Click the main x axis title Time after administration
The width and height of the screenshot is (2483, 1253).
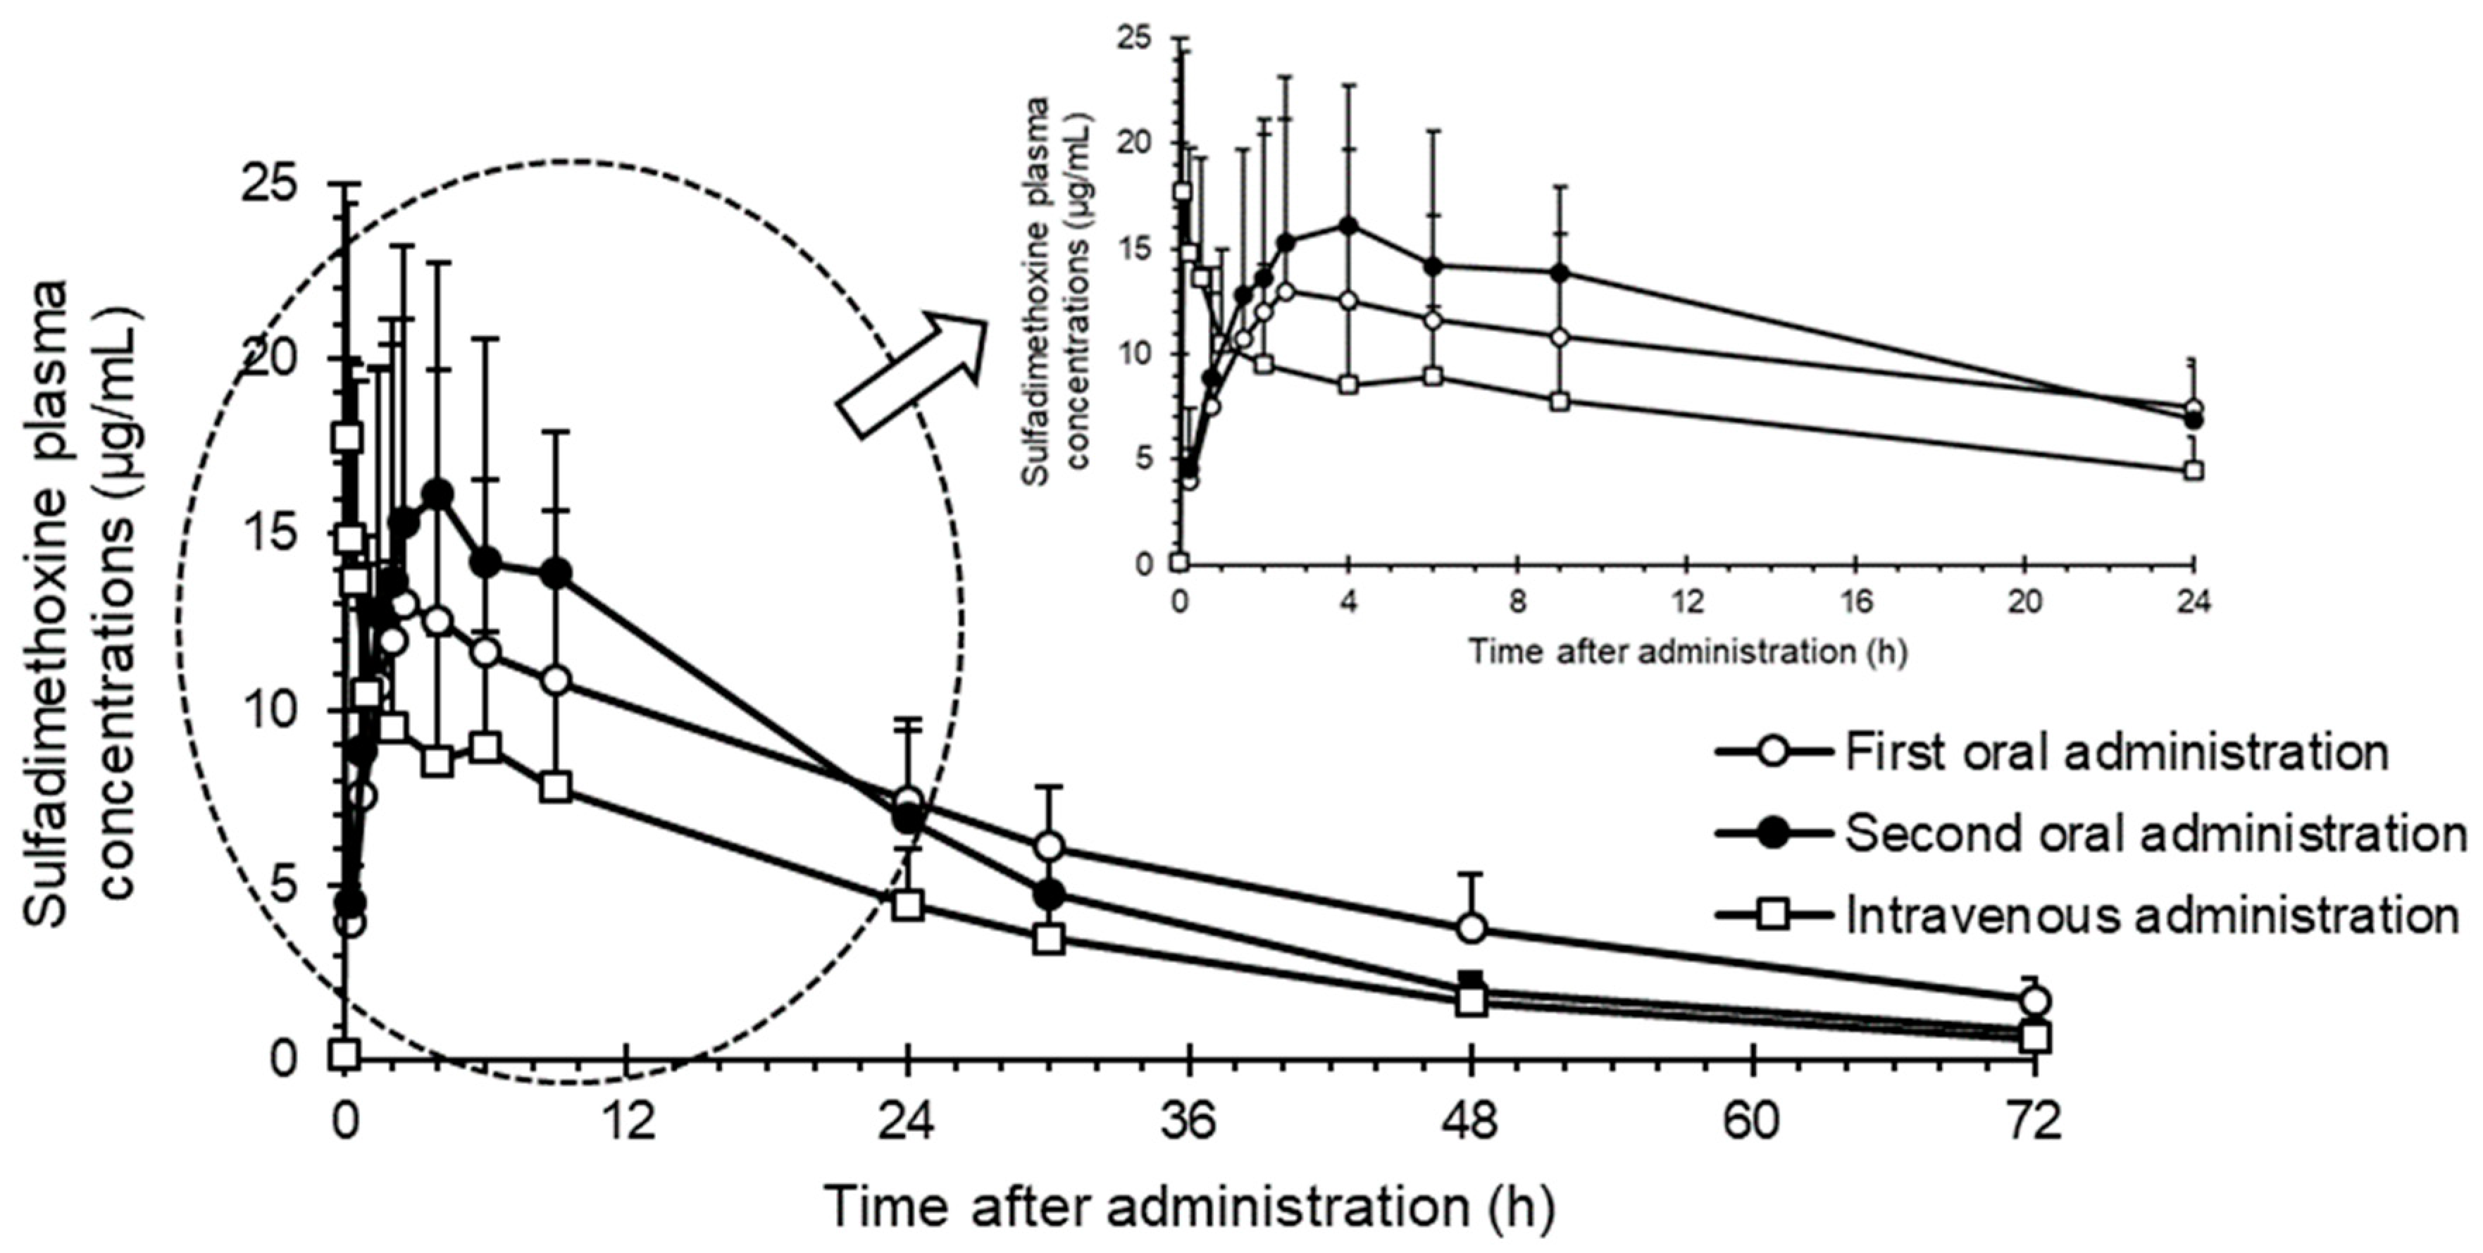[1190, 1207]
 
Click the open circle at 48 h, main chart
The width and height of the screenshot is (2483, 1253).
[1472, 929]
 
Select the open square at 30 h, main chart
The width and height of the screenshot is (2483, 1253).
[1049, 939]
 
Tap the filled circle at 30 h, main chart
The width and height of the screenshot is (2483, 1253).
[1049, 894]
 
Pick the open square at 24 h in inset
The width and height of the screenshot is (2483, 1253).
[2193, 471]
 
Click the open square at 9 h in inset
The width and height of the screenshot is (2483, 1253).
[1560, 401]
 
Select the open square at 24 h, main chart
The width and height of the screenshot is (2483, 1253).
[908, 905]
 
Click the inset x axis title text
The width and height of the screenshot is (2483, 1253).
[1687, 652]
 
